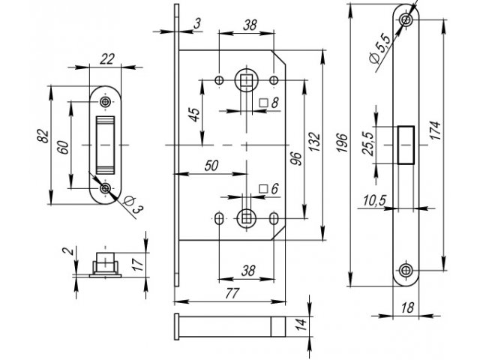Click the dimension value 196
click(342, 142)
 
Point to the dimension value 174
click(436, 130)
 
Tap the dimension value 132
click(314, 142)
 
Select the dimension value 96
click(295, 158)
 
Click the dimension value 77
click(232, 293)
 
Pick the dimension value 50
click(211, 166)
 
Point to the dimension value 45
click(194, 115)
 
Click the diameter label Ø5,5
click(380, 49)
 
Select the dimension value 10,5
click(374, 201)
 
